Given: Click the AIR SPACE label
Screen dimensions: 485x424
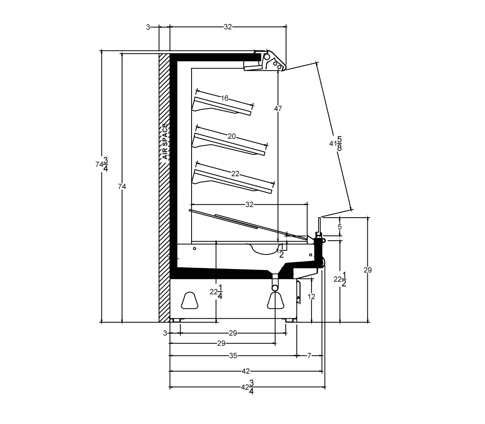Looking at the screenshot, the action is [x=165, y=141].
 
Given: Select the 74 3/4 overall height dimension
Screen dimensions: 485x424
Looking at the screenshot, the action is [x=102, y=164].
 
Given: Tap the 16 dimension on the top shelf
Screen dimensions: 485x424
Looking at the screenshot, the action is [x=224, y=98].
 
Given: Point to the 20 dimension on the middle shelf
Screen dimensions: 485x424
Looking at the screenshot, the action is [x=232, y=136].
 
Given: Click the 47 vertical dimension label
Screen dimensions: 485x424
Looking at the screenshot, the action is [x=278, y=109].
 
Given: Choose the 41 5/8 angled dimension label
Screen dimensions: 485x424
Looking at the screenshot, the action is [x=335, y=143].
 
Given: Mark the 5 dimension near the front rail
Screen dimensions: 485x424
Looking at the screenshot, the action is [x=339, y=227].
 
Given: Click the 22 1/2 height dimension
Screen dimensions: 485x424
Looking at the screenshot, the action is [x=340, y=279].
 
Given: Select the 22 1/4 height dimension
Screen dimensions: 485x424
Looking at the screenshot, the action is [x=216, y=292].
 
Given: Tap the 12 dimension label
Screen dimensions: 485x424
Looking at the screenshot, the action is [x=311, y=296].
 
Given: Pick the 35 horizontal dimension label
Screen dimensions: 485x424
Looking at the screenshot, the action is [x=233, y=355].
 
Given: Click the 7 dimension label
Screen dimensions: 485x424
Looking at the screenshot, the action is [x=309, y=355].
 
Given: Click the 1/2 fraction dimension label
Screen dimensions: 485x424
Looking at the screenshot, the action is [x=281, y=251].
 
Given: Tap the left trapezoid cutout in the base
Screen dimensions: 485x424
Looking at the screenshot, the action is [x=190, y=300].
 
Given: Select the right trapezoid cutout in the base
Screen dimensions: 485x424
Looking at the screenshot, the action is [x=275, y=300].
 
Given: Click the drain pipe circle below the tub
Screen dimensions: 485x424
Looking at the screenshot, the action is [x=275, y=288].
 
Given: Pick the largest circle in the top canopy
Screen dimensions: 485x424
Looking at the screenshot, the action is [x=267, y=57].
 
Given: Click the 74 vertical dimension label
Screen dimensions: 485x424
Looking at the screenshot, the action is [x=122, y=187].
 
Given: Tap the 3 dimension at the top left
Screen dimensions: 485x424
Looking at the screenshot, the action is [x=148, y=27].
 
